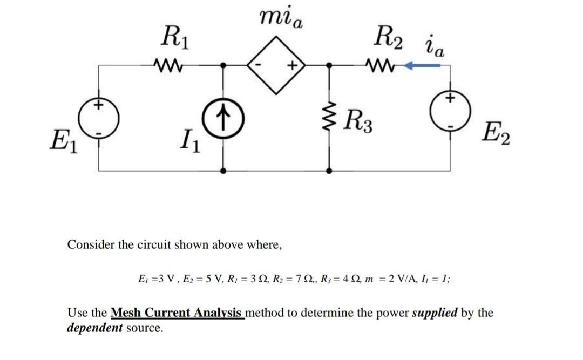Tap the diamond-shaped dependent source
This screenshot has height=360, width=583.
(276, 65)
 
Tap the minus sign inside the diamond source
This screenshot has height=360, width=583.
(260, 66)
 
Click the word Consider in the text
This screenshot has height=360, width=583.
(91, 244)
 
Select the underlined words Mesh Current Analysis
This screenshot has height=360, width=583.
(178, 313)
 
